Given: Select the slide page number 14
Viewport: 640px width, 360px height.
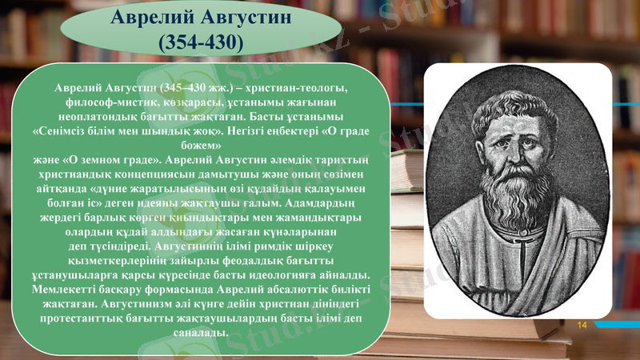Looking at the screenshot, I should point(582,325).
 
